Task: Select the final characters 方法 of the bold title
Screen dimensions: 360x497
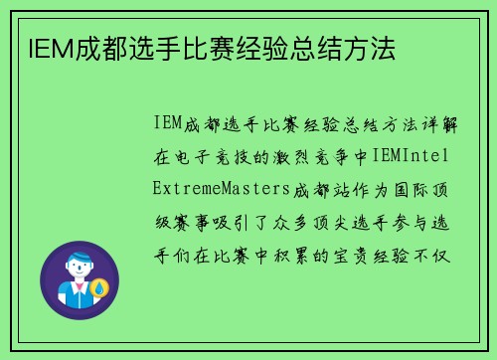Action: click(371, 47)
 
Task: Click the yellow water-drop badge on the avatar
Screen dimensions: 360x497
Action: click(98, 289)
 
